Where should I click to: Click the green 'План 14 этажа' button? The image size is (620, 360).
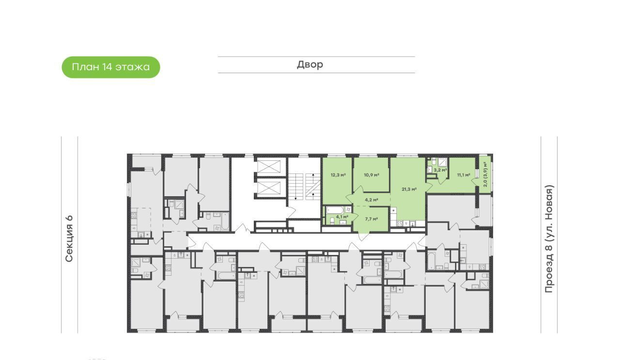coord(111,67)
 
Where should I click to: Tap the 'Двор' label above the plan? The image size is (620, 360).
coord(310,64)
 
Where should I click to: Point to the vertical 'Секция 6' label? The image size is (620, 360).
coord(69,238)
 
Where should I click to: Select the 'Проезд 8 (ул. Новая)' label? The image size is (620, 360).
coord(549,239)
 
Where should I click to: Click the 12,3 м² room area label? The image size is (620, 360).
coord(338,175)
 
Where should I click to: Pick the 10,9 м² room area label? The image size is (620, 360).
coord(372,175)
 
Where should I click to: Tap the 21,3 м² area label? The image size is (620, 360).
coord(409,189)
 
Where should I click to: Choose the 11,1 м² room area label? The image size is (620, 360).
coord(464,175)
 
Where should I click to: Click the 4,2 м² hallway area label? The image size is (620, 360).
coord(372,200)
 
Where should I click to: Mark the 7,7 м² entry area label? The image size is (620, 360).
coord(372,219)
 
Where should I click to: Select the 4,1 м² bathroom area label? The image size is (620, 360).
coord(342,217)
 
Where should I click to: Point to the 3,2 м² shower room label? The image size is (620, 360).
coord(440,170)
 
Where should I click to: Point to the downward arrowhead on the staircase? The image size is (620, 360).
coord(295,198)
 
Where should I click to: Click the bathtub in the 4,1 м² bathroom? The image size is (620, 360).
coord(335,210)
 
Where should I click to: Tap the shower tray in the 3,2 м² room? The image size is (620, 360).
coord(443,162)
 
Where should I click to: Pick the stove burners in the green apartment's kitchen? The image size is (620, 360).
coord(400,223)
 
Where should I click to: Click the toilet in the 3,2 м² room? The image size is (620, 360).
coord(430,170)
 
